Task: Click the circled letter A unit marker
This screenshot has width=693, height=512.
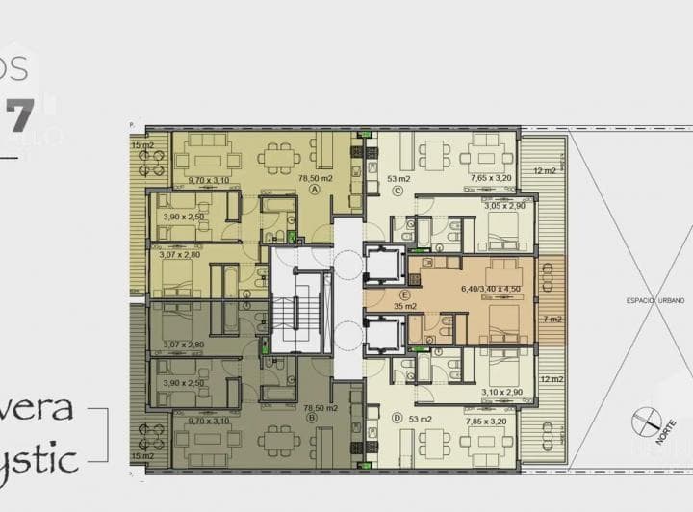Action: (x=314, y=190)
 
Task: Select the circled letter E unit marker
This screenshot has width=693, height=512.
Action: (x=405, y=295)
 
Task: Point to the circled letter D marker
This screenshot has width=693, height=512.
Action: (x=397, y=418)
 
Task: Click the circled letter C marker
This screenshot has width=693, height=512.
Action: (x=397, y=190)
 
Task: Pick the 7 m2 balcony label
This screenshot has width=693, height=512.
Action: (x=552, y=319)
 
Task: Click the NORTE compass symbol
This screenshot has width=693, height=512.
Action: (x=648, y=423)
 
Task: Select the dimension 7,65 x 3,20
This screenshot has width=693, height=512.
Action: (x=492, y=178)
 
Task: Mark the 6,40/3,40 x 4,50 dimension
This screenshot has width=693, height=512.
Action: (x=491, y=287)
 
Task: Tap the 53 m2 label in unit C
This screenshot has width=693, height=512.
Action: (x=398, y=178)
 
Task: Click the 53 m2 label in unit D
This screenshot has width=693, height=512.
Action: (x=420, y=420)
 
